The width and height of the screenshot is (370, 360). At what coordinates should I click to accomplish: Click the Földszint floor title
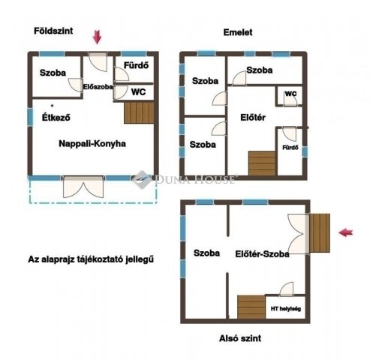53,31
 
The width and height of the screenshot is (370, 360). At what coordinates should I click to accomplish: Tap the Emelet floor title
238,32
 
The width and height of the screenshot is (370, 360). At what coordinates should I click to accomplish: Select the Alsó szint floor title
240,338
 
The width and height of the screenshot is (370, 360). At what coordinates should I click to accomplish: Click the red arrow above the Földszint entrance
97,37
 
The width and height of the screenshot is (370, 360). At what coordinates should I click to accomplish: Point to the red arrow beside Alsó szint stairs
346,232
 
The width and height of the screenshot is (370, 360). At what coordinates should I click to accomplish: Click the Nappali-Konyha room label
92,144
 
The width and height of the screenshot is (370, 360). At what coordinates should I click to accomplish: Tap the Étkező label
56,117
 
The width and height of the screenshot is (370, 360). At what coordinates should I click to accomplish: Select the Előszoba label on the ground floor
98,87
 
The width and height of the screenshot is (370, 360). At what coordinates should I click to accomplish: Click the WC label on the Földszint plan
138,91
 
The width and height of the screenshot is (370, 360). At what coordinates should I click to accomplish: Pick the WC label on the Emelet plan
290,94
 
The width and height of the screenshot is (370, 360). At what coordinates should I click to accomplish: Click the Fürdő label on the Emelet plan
290,148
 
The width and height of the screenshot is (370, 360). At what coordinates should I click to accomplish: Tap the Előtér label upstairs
253,117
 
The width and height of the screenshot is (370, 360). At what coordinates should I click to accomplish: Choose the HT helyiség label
286,309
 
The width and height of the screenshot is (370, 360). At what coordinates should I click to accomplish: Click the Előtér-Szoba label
262,254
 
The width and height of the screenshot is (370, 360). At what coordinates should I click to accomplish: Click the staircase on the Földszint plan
139,112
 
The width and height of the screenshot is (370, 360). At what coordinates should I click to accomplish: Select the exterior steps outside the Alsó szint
320,233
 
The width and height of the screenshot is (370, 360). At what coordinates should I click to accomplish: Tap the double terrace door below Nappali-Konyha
83,187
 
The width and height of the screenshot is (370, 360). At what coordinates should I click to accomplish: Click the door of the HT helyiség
287,289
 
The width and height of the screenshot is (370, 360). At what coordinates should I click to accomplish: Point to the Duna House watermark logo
142,179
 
